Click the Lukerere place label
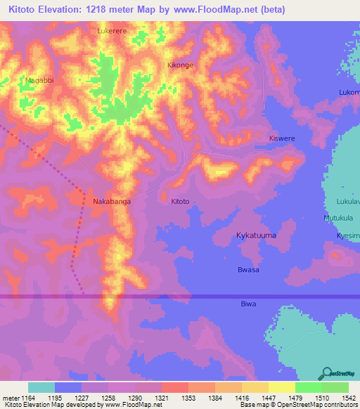click(x=113, y=32)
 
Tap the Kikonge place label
click(x=180, y=65)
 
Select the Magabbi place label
click(x=39, y=81)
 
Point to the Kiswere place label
click(x=282, y=139)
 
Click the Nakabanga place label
click(x=112, y=201)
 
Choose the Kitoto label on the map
click(x=180, y=201)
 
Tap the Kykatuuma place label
click(x=256, y=236)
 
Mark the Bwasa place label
click(x=249, y=270)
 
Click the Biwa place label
click(x=248, y=304)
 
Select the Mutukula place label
click(x=337, y=219)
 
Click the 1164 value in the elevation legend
click(x=29, y=398)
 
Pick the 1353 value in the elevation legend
click(x=188, y=398)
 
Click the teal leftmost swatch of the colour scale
click(x=41, y=387)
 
